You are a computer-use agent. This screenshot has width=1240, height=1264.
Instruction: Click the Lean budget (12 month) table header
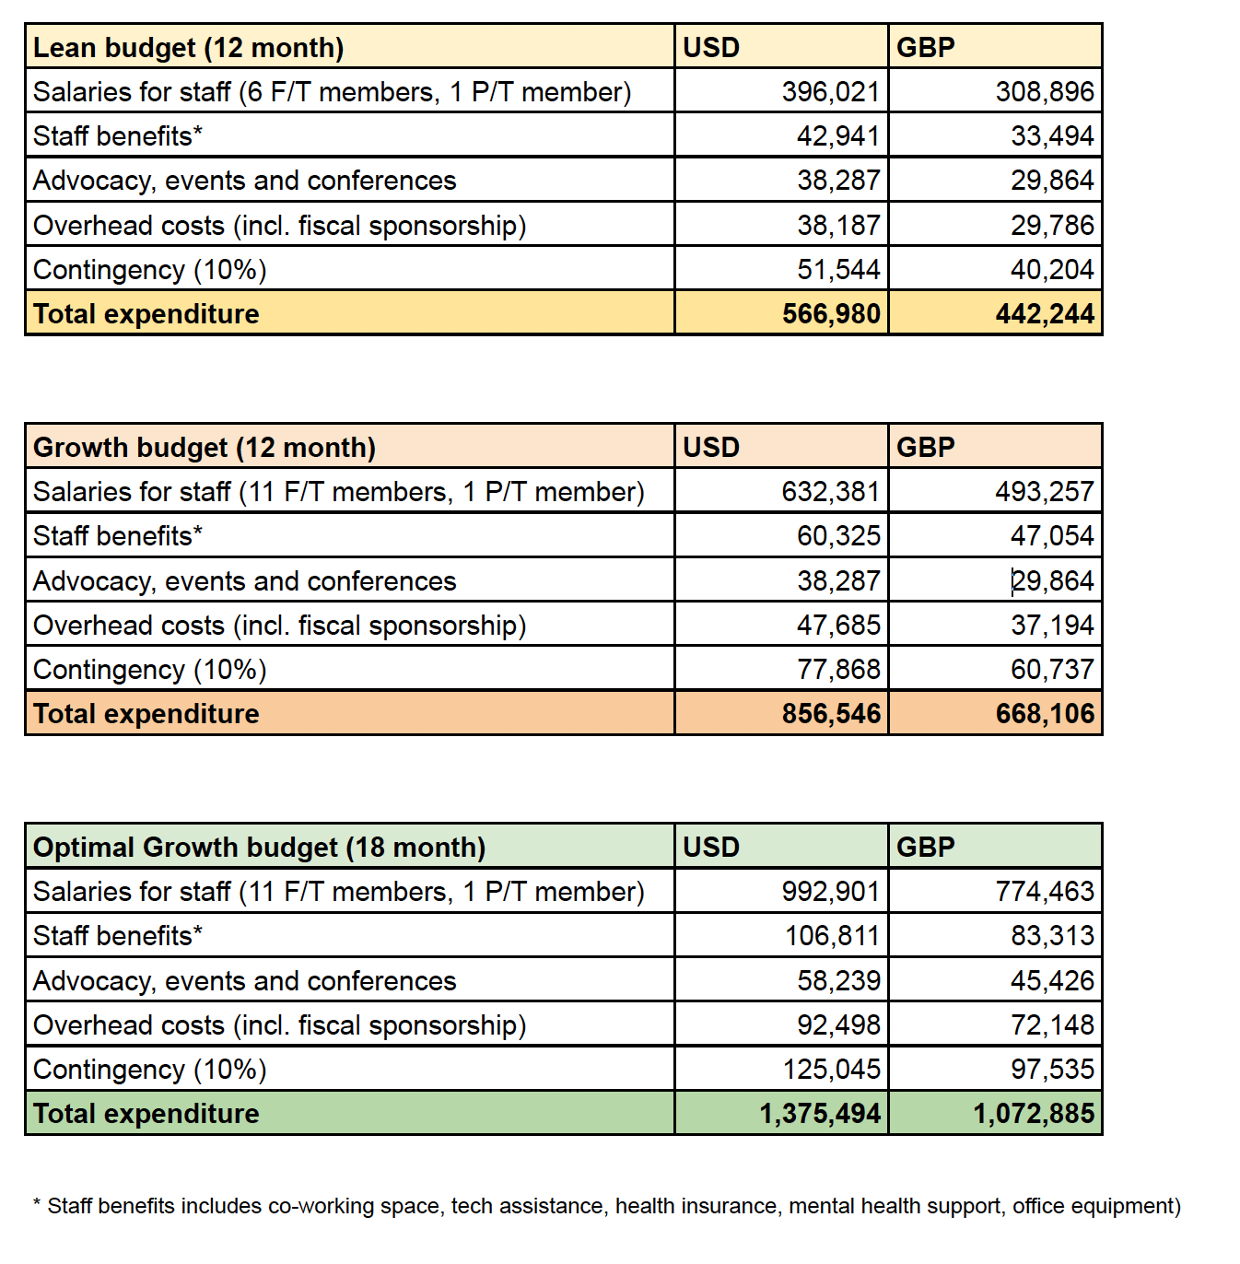(x=189, y=47)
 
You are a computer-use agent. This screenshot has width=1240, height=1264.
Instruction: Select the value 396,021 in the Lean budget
(x=831, y=92)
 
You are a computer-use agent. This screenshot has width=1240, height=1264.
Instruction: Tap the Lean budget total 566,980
(x=831, y=314)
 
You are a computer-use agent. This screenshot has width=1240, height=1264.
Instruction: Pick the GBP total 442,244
(x=1045, y=314)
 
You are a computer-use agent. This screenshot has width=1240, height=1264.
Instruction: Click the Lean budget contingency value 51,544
(x=838, y=270)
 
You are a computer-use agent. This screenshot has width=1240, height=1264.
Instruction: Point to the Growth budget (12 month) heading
(x=205, y=447)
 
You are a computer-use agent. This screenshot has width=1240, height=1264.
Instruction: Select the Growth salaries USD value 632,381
(x=831, y=492)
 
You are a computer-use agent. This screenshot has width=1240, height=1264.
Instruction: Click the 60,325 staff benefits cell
(x=838, y=536)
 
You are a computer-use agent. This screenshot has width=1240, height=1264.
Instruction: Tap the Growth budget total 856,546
(x=831, y=714)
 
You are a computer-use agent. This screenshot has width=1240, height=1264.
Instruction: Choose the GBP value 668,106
(x=1045, y=714)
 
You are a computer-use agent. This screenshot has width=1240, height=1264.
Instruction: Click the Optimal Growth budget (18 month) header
(x=259, y=847)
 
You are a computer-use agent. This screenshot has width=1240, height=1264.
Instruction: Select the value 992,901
(x=831, y=892)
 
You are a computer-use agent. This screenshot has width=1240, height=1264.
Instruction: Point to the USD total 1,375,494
(x=820, y=1114)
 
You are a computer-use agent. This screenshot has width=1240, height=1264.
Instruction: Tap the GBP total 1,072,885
(x=1034, y=1114)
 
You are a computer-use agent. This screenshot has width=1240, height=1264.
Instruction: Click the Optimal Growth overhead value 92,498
(x=838, y=1025)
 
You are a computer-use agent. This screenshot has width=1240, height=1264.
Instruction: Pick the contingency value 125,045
(x=831, y=1070)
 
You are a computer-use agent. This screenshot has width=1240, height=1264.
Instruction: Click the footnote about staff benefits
(x=607, y=1206)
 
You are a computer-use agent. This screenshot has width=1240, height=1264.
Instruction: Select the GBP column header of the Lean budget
(x=926, y=47)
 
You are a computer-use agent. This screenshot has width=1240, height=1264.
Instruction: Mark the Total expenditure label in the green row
(x=146, y=1114)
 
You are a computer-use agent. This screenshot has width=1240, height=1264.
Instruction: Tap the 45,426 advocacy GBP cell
(x=1052, y=981)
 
